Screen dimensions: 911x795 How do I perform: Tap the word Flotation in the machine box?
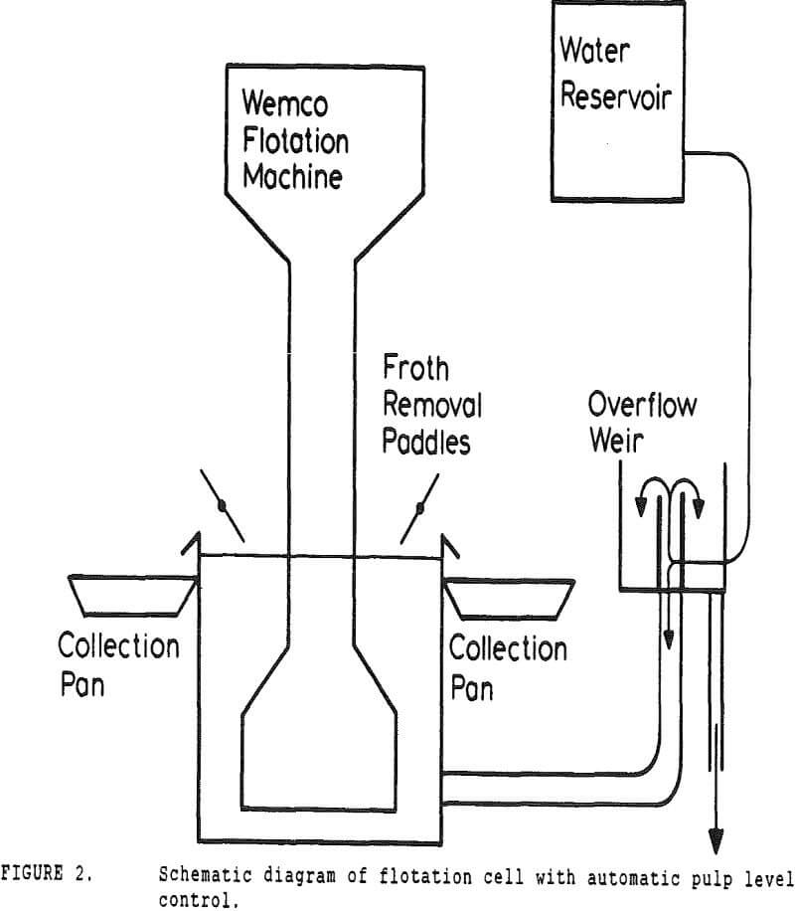293,141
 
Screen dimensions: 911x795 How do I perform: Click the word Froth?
416,369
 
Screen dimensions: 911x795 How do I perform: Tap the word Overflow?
642,405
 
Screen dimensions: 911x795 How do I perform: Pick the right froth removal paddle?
419,508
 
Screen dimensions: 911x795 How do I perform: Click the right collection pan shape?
508,597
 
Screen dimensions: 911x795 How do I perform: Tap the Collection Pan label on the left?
118,665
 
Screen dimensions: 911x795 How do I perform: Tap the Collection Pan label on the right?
508,667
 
